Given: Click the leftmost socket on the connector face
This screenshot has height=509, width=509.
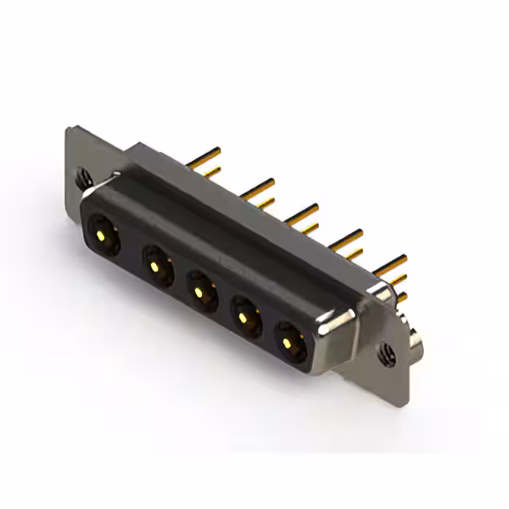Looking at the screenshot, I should coord(103,234).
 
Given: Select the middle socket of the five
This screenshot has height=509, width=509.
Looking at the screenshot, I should coord(200,289).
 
